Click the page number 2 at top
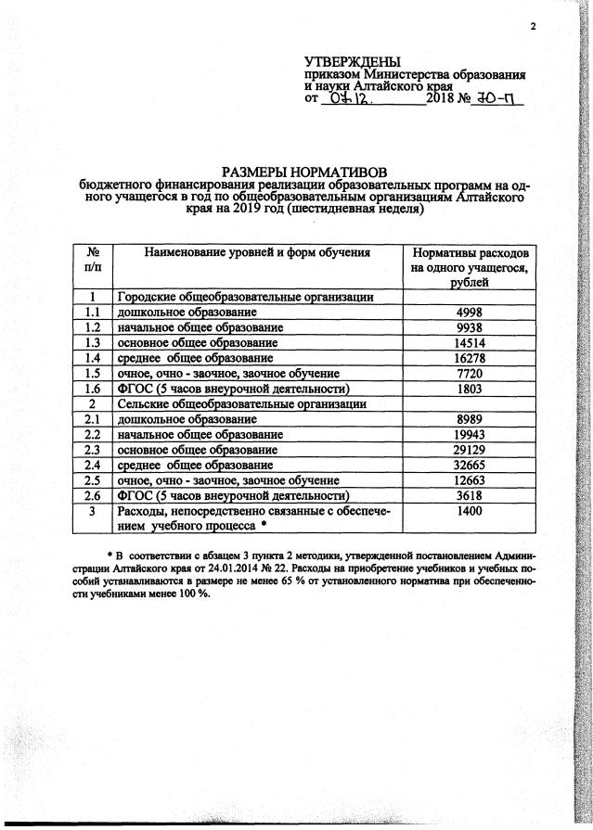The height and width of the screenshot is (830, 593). pyautogui.click(x=534, y=26)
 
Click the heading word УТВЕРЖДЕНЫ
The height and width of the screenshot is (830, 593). pyautogui.click(x=351, y=61)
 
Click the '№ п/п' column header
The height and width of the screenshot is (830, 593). pyautogui.click(x=93, y=259)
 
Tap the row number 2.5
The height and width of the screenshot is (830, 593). pyautogui.click(x=93, y=480)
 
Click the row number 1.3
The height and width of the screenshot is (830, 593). pyautogui.click(x=93, y=342)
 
